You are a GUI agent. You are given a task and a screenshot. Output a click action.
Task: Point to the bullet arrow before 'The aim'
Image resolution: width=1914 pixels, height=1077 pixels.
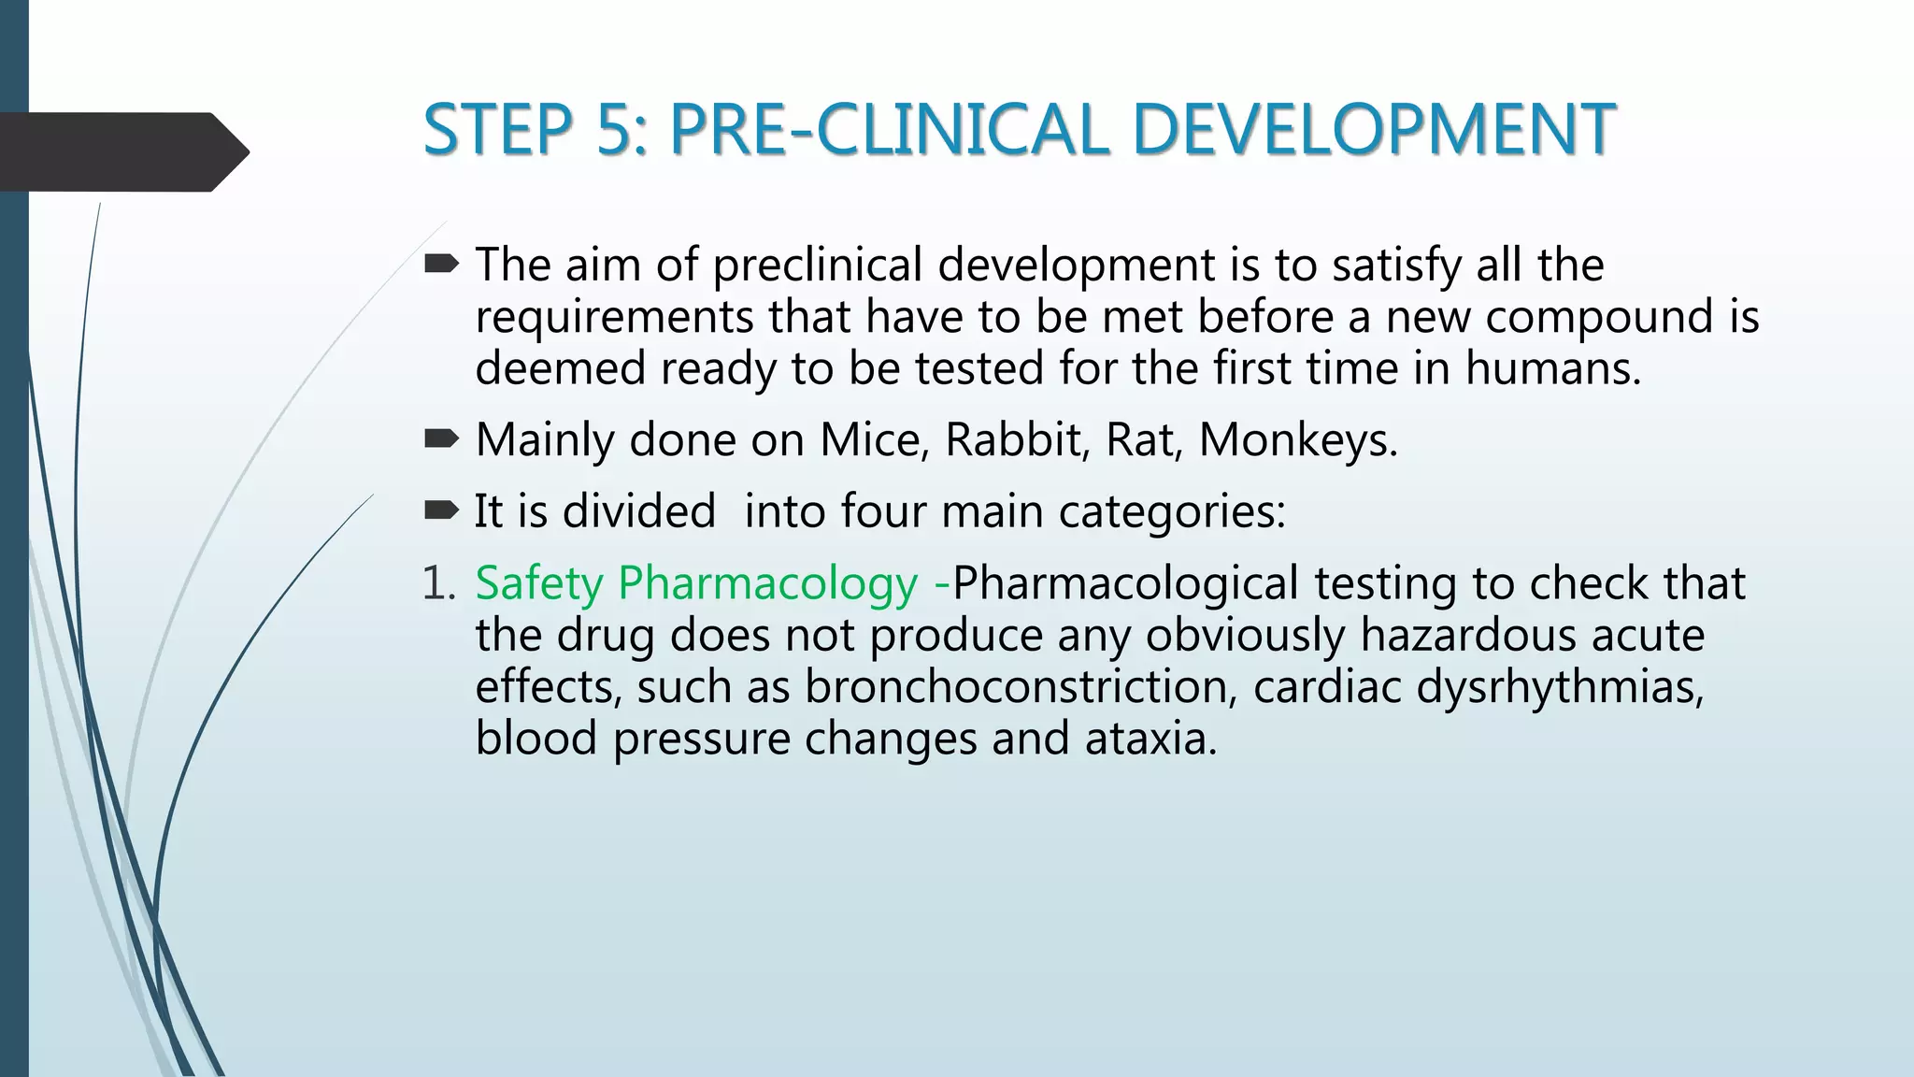(441, 265)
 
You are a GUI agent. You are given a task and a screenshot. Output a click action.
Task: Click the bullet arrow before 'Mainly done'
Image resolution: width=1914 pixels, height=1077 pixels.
(441, 438)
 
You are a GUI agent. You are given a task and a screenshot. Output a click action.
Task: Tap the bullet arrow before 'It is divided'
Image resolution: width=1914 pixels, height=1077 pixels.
(441, 510)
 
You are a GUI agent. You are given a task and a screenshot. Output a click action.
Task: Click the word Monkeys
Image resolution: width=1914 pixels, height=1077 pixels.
(1297, 439)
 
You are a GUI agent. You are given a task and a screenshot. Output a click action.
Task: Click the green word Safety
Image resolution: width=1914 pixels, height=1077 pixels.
(539, 584)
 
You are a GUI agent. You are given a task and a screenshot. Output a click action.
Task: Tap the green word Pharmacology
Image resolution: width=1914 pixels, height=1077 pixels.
(767, 584)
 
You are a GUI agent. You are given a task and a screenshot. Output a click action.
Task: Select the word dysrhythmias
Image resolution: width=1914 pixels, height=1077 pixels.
(1560, 687)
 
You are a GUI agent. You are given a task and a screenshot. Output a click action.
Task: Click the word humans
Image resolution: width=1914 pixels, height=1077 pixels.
(1551, 368)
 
